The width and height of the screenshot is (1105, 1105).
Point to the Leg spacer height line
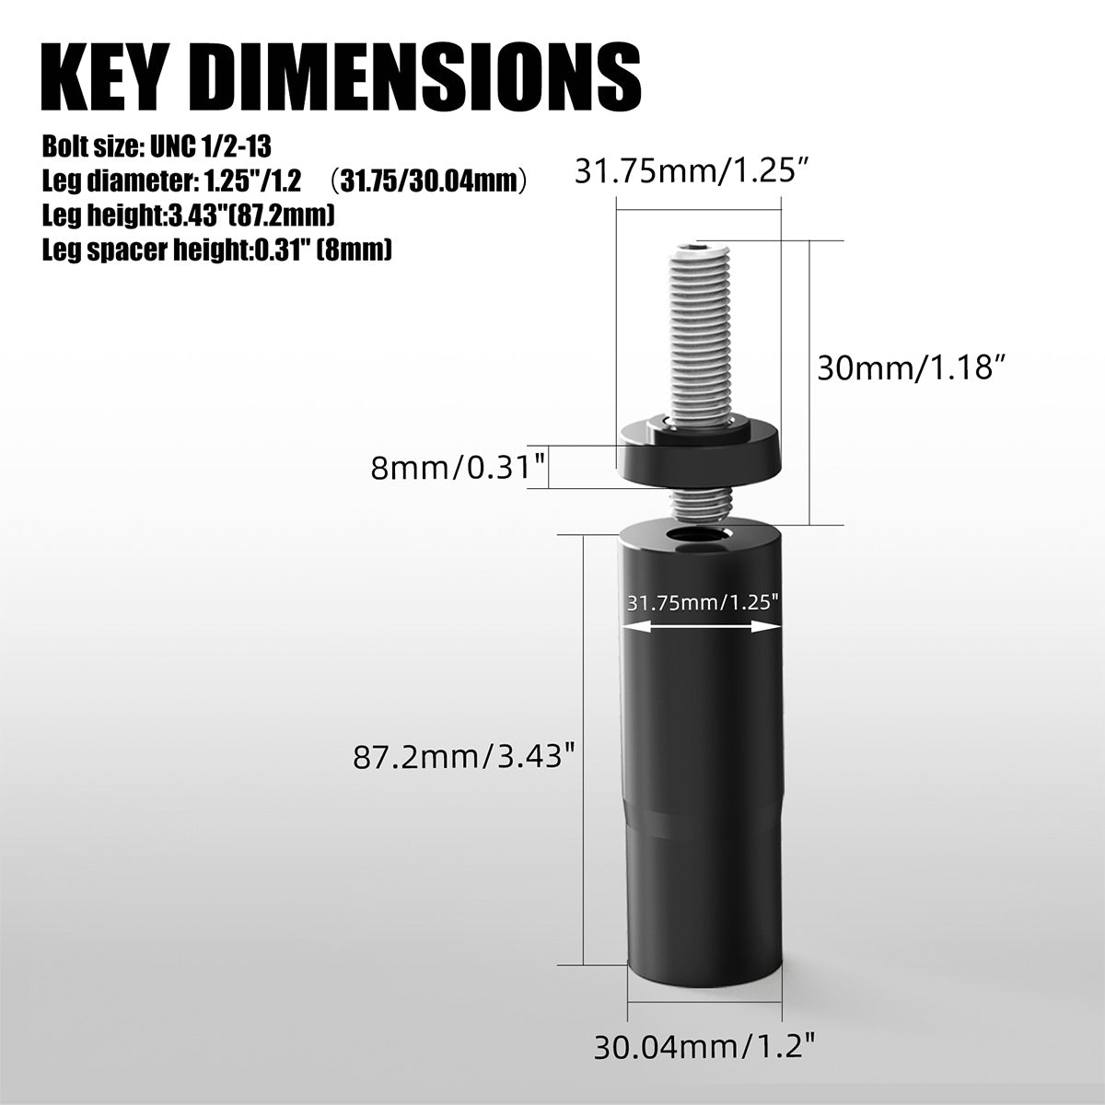pos(217,250)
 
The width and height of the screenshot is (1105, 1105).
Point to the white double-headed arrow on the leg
pos(703,626)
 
